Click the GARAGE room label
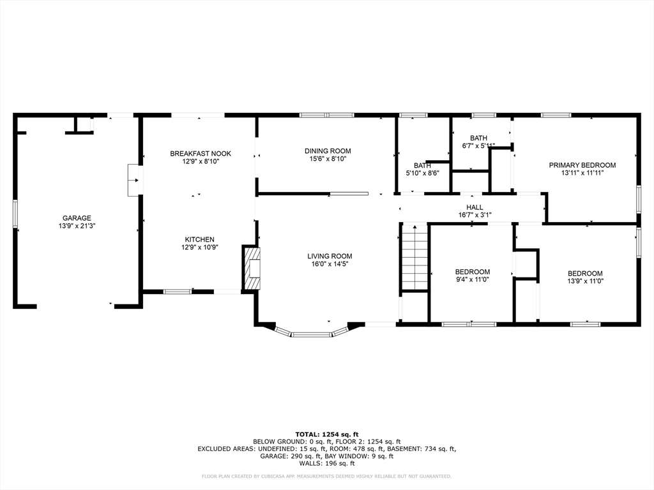[x=77, y=218]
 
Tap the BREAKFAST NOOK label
[x=200, y=154]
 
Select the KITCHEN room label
[x=200, y=240]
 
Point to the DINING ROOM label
[x=328, y=151]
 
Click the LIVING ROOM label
[x=330, y=256]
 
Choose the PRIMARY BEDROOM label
[x=582, y=165]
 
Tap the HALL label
[x=475, y=207]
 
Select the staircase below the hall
[x=414, y=256]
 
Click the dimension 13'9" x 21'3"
[x=77, y=226]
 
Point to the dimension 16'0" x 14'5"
[x=330, y=264]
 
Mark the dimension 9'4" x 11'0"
[x=472, y=279]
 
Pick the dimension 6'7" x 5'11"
[x=478, y=145]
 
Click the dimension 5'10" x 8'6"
[x=423, y=173]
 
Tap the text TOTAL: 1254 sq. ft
[x=327, y=434]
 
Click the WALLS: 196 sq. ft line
[x=327, y=463]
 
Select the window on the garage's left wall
[x=15, y=214]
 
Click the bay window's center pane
[x=312, y=334]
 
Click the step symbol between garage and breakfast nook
[x=134, y=180]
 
